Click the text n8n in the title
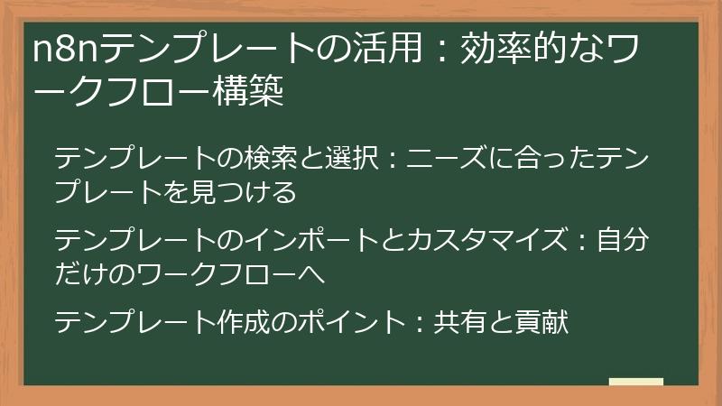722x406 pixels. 63,51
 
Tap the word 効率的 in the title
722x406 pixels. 510,51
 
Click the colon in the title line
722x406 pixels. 438,52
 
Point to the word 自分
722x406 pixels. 622,241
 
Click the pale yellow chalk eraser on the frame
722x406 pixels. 635,383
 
